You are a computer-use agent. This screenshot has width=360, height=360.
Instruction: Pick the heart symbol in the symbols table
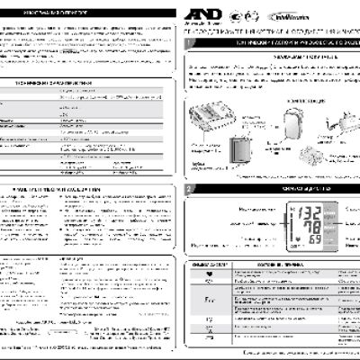pos(209,276)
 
